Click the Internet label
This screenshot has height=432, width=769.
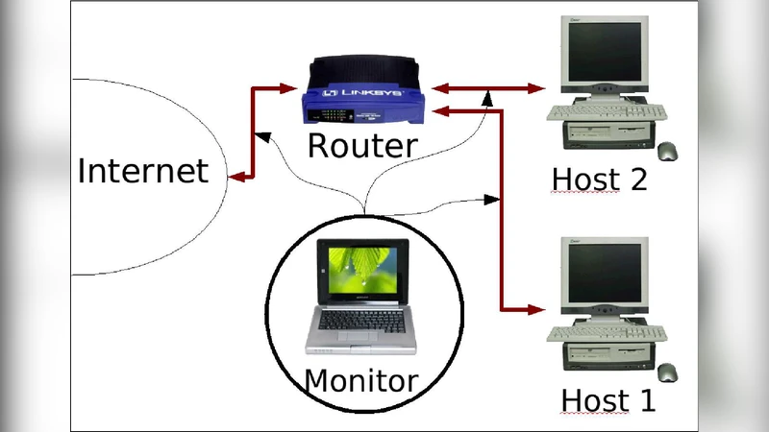click(142, 171)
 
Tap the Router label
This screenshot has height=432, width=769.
click(362, 146)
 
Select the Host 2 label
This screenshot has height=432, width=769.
click(600, 180)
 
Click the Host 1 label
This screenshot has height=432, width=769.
click(608, 399)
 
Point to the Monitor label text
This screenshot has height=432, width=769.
click(360, 380)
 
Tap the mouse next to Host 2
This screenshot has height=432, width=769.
click(667, 151)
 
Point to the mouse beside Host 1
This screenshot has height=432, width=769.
click(667, 372)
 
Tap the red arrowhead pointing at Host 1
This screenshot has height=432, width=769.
click(537, 310)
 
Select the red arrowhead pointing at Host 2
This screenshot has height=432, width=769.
click(537, 88)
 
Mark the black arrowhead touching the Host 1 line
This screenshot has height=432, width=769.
click(492, 200)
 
